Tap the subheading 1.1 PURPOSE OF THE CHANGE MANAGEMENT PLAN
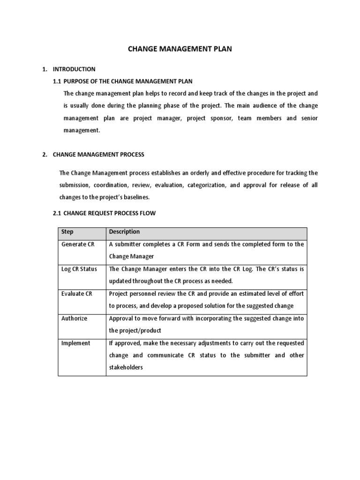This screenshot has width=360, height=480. (x=123, y=82)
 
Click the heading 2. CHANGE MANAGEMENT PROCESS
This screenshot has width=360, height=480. (x=98, y=154)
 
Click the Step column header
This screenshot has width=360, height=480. (x=67, y=232)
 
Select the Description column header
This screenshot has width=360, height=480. (x=124, y=232)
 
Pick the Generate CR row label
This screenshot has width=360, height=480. (x=74, y=244)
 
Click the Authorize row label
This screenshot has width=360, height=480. (x=74, y=318)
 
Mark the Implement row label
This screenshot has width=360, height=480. (x=75, y=343)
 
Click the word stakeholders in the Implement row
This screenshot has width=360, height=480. (x=126, y=368)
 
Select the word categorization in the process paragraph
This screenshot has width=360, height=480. (x=206, y=185)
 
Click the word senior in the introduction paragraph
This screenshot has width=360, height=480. (x=308, y=118)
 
